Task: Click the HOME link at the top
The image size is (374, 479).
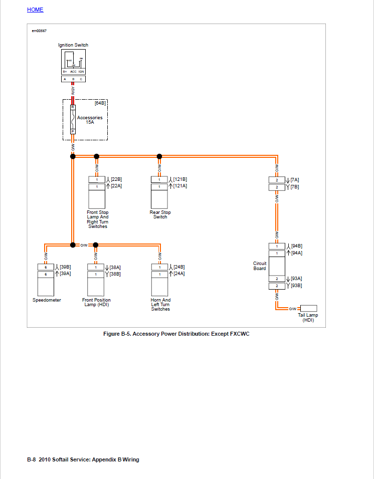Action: [35, 10]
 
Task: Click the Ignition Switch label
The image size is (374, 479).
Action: [73, 45]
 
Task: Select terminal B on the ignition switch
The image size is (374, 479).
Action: [73, 79]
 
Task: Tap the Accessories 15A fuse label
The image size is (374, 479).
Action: [90, 120]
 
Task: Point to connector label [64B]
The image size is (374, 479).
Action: [100, 103]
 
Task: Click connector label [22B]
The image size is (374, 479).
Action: [116, 179]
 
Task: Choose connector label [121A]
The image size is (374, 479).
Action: [180, 186]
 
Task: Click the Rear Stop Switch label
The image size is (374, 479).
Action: [160, 214]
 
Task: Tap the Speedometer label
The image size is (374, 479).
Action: [47, 300]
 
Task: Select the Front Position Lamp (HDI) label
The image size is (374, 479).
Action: [96, 302]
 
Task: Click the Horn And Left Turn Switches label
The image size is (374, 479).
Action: [160, 305]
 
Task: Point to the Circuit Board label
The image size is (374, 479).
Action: [260, 266]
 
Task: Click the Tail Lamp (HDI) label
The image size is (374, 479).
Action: [308, 318]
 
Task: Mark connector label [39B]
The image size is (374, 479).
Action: [65, 267]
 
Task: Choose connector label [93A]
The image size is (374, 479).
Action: [296, 279]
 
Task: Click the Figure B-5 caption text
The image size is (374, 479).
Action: [176, 334]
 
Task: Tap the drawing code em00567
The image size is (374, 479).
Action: [39, 31]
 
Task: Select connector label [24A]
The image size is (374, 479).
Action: [179, 274]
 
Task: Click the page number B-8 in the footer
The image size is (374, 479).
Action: [31, 459]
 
